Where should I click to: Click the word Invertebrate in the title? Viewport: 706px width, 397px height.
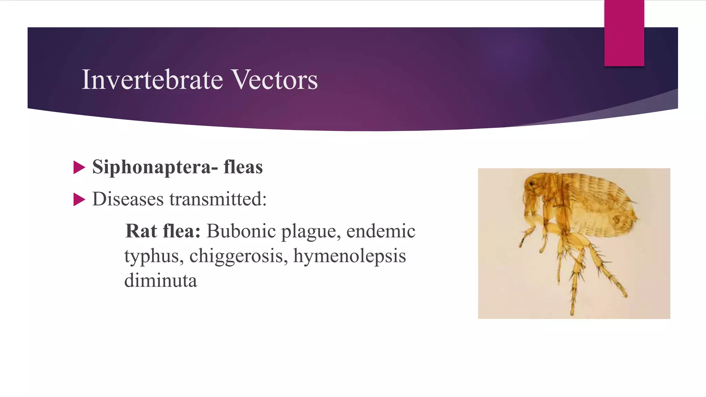tap(152, 80)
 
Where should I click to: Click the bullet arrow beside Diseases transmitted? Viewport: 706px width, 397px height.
tap(79, 200)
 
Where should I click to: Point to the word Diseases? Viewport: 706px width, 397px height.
tap(128, 199)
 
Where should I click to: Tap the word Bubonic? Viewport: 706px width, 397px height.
tap(241, 231)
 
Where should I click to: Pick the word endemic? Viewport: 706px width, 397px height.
tap(381, 231)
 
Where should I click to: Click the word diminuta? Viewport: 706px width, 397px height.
tap(161, 281)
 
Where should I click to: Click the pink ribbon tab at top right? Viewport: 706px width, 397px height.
tap(624, 33)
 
